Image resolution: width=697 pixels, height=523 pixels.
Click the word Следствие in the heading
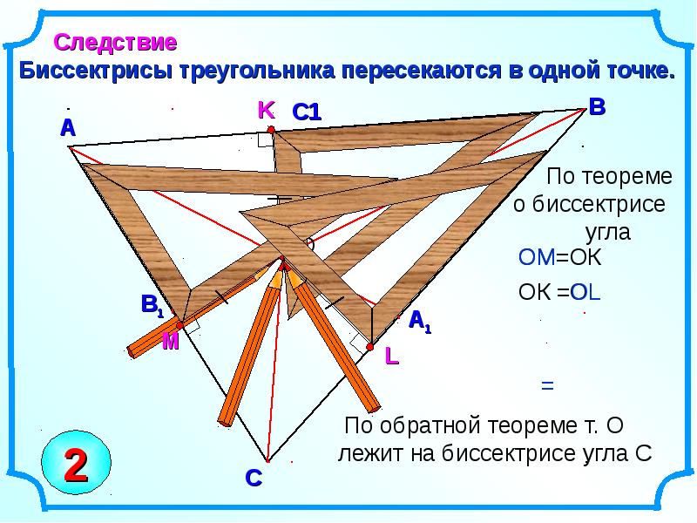point(116,41)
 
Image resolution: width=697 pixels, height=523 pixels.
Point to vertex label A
point(67,128)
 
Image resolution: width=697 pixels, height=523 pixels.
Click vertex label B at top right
point(597,107)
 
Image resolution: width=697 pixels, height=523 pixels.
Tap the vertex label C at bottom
point(253,478)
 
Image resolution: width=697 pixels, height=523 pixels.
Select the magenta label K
point(266,110)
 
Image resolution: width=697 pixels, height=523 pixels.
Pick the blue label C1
point(307,112)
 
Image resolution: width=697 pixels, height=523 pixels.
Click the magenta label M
point(170,343)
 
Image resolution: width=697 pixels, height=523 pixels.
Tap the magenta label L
point(392,356)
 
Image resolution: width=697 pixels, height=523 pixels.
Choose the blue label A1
point(420,321)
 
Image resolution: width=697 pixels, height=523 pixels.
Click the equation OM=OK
point(560,257)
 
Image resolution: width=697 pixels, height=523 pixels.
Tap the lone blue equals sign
point(547,384)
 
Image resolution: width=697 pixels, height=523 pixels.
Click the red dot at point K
point(271,129)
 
